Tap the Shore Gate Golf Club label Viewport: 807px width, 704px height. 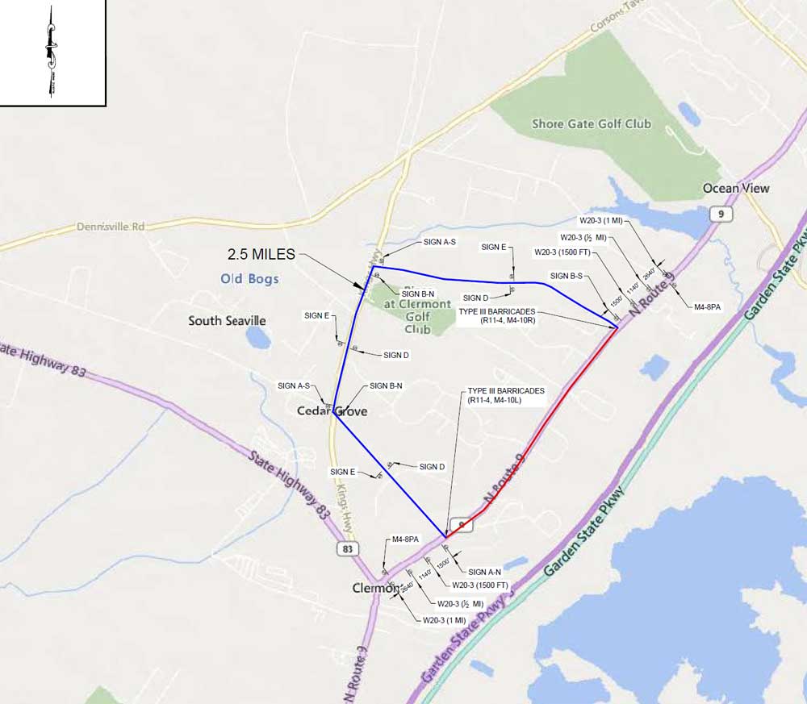[592, 123]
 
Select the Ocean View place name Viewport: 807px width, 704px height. [736, 188]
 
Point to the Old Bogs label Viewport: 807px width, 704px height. [250, 279]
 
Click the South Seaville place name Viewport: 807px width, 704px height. [227, 321]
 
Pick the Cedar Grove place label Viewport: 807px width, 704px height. [332, 411]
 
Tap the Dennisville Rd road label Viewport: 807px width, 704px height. [111, 227]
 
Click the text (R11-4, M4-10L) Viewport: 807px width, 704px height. [506, 400]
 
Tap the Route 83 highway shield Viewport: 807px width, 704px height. [347, 549]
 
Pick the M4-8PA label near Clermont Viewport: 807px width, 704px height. [406, 539]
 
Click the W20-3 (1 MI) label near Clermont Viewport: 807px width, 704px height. [444, 620]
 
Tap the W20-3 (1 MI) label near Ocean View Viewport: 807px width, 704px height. [600, 219]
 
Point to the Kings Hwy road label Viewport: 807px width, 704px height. [345, 506]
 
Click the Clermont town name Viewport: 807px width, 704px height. [375, 588]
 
